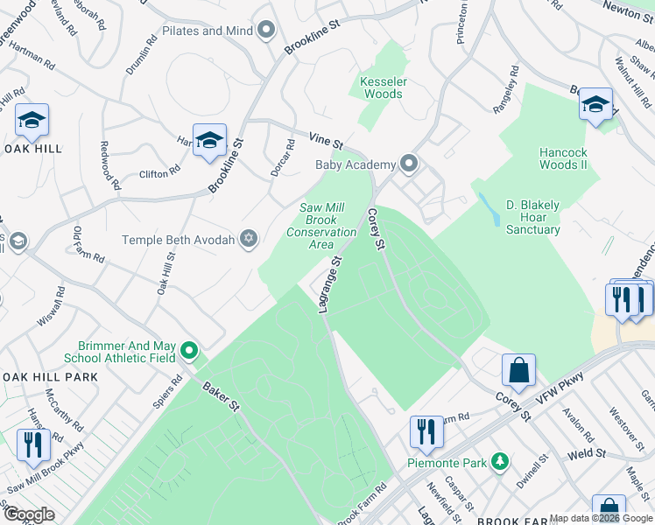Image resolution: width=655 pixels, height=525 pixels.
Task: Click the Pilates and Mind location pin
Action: click(x=267, y=31)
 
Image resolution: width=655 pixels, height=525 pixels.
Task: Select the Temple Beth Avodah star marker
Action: click(x=249, y=239)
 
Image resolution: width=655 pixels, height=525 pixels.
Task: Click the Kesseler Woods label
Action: click(x=382, y=87)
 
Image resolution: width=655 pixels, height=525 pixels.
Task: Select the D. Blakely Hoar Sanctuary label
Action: click(x=532, y=218)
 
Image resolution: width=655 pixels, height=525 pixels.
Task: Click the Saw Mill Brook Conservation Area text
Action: click(x=321, y=227)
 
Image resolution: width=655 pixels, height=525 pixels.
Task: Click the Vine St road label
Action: click(x=325, y=140)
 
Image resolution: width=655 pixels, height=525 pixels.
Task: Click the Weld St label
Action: click(x=586, y=453)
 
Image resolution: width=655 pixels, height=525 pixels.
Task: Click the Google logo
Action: click(x=30, y=514)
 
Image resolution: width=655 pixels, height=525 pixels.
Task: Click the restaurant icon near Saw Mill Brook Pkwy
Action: click(x=33, y=444)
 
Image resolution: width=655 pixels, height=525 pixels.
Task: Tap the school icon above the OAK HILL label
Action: click(x=32, y=121)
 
